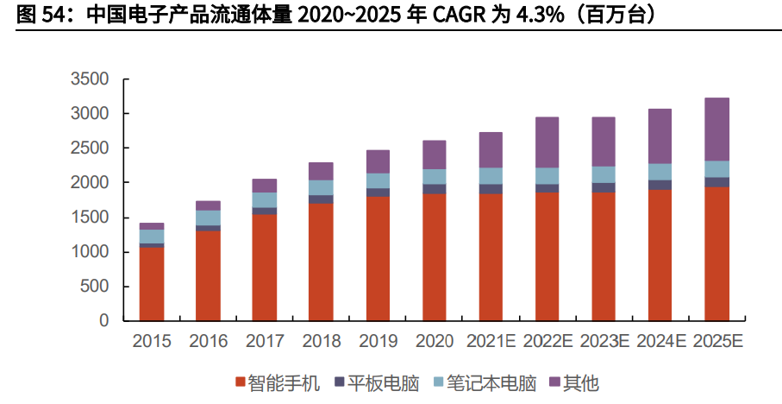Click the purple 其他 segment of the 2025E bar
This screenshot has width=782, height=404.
716,129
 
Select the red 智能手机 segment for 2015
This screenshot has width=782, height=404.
152,284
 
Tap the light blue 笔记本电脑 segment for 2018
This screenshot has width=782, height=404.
321,187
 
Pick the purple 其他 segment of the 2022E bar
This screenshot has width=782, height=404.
547,142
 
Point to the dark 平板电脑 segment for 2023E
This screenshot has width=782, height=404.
604,187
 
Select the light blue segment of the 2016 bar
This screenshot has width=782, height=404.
208,218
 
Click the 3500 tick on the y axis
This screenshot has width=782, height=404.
90,79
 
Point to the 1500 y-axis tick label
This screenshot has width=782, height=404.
90,218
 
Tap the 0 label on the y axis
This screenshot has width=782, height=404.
103,321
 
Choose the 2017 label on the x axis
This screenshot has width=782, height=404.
265,342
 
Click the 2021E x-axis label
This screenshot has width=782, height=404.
491,342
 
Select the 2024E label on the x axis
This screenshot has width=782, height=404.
660,342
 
